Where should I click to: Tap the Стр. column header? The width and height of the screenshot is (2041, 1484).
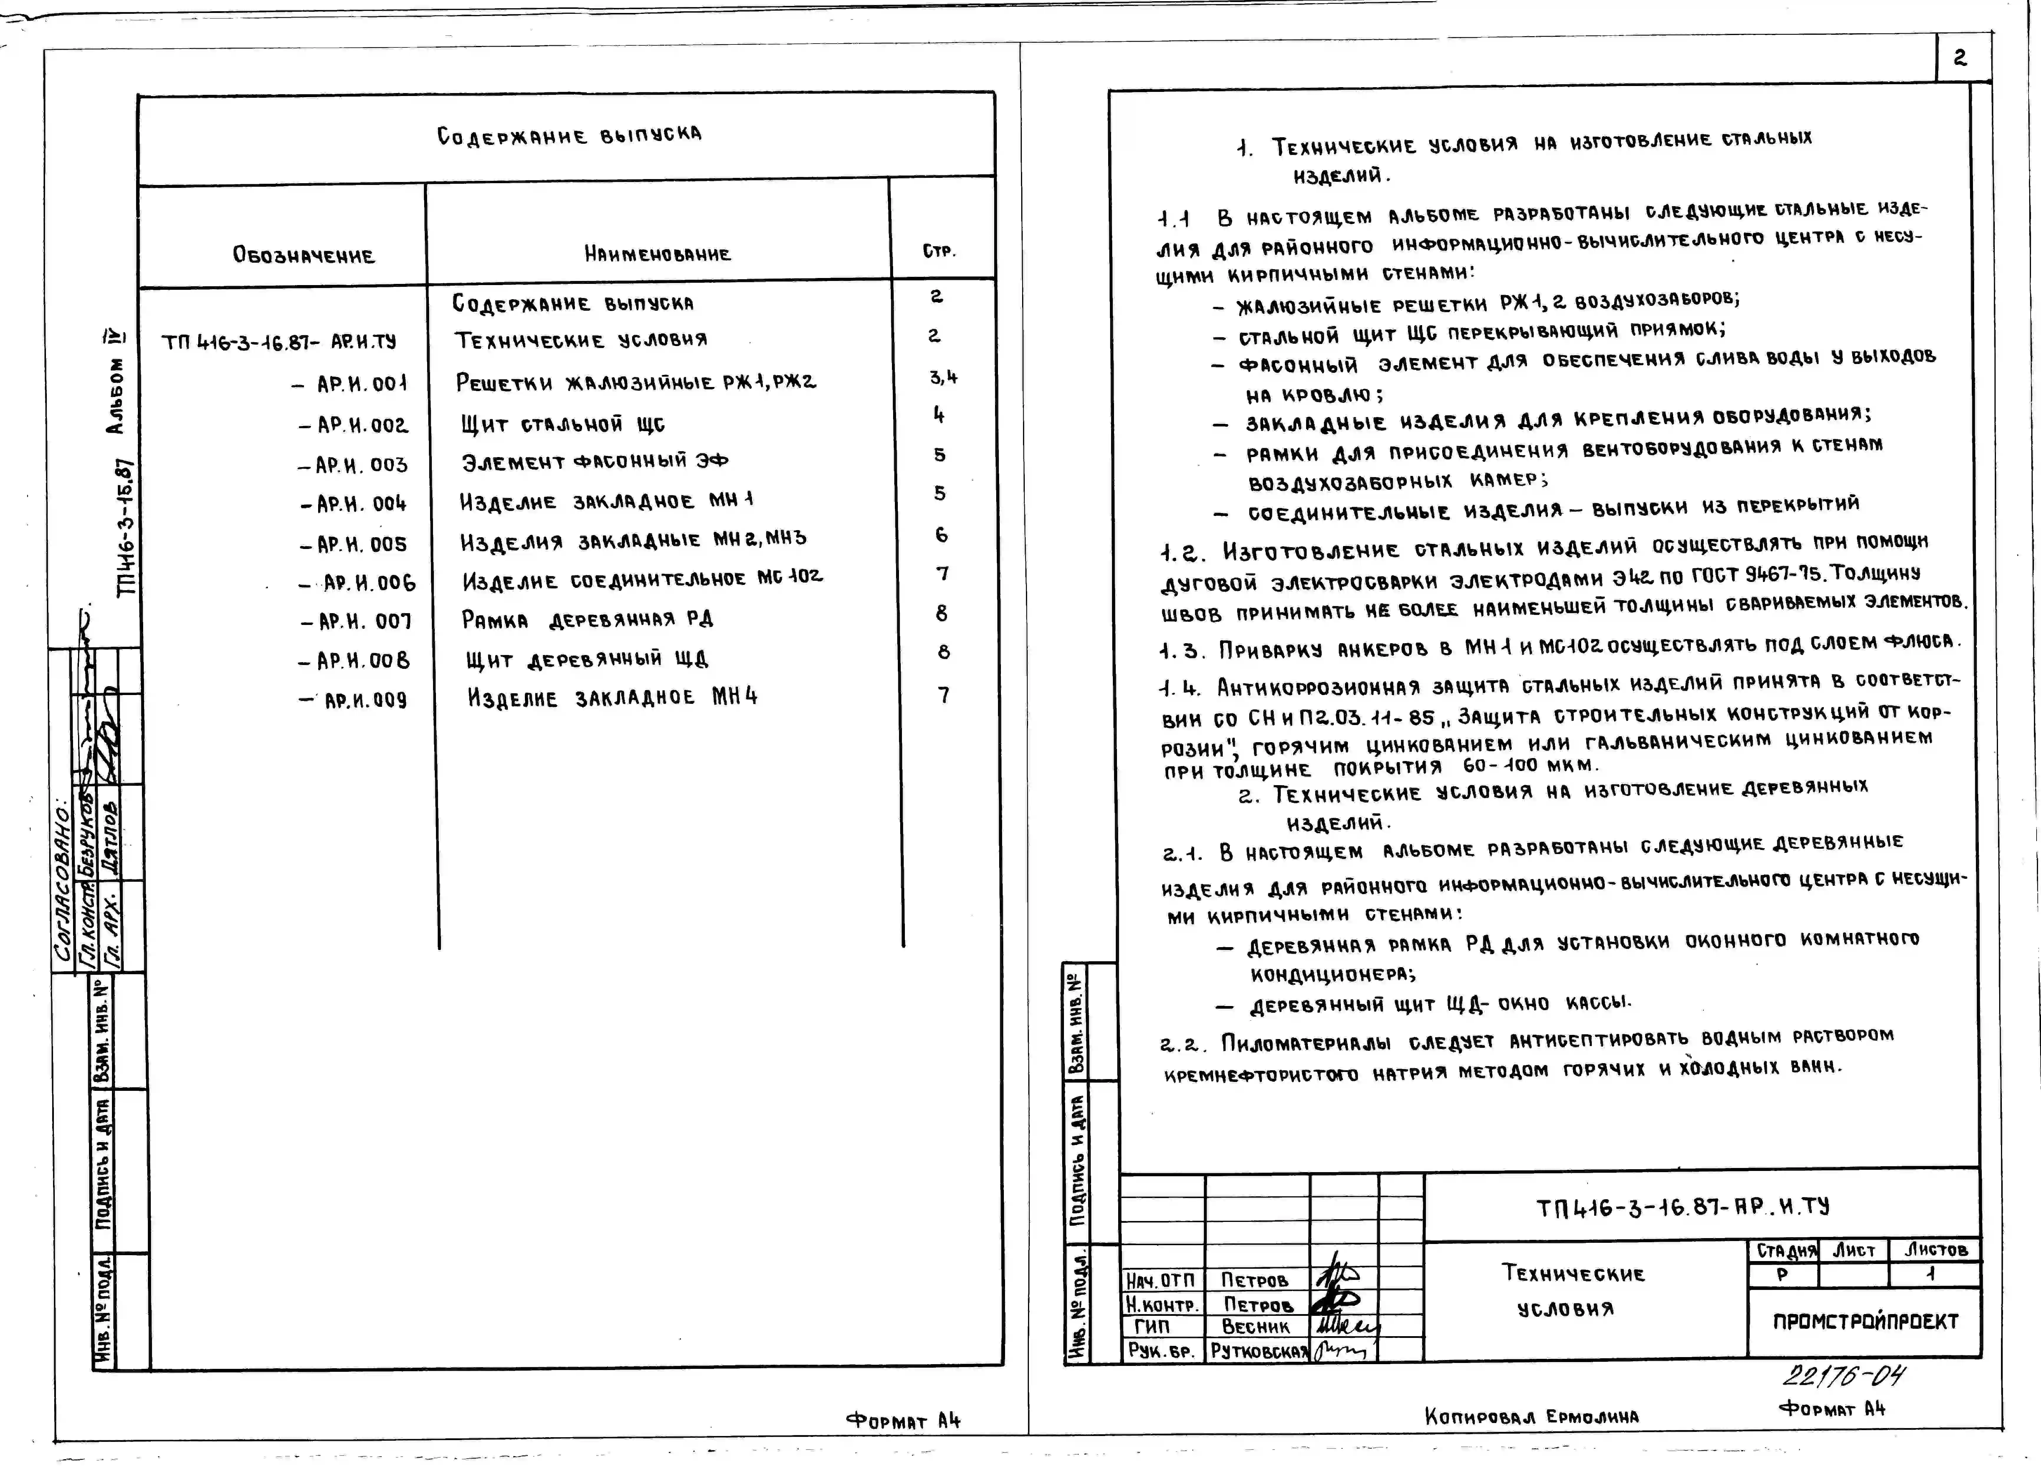point(938,251)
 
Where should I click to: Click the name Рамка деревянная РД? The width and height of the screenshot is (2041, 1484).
point(587,619)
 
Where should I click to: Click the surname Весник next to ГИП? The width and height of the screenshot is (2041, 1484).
point(1255,1326)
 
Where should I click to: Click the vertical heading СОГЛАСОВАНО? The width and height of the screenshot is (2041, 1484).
point(65,886)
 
